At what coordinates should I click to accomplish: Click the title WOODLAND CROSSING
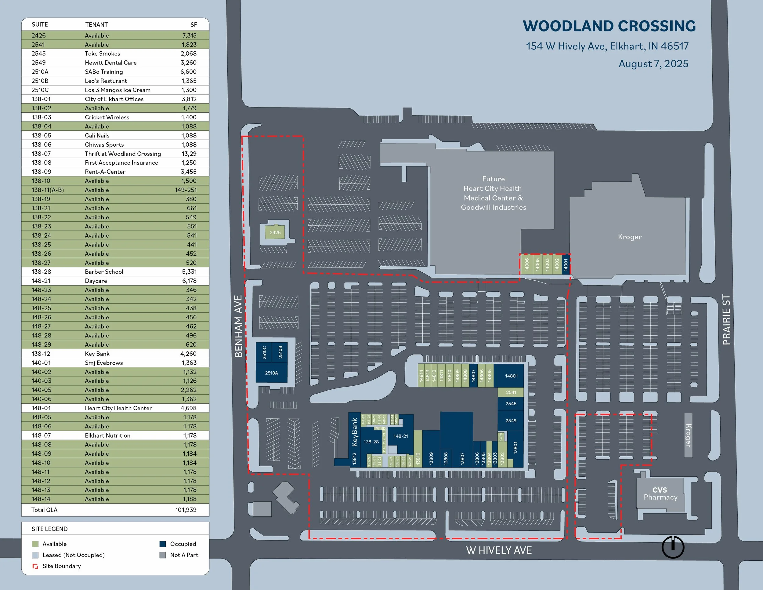point(609,26)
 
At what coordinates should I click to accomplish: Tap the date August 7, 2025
point(653,64)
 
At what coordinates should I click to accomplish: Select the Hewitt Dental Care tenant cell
point(110,63)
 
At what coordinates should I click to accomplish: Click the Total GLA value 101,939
point(186,510)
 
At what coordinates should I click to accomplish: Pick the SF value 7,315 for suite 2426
point(189,35)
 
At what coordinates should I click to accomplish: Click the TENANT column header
point(96,24)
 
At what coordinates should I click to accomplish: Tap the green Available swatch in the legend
point(35,544)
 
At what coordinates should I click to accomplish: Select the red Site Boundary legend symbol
point(35,566)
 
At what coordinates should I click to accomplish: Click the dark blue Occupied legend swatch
point(162,544)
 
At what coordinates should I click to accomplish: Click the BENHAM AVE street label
point(238,326)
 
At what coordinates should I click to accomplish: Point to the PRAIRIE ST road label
point(726,319)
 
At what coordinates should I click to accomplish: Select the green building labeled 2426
point(275,232)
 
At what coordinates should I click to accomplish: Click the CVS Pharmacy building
point(660,493)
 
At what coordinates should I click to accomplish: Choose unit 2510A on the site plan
point(271,373)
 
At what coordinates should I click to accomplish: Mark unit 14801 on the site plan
point(511,376)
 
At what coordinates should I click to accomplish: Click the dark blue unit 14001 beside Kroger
point(566,264)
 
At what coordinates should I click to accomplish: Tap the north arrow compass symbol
point(673,547)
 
